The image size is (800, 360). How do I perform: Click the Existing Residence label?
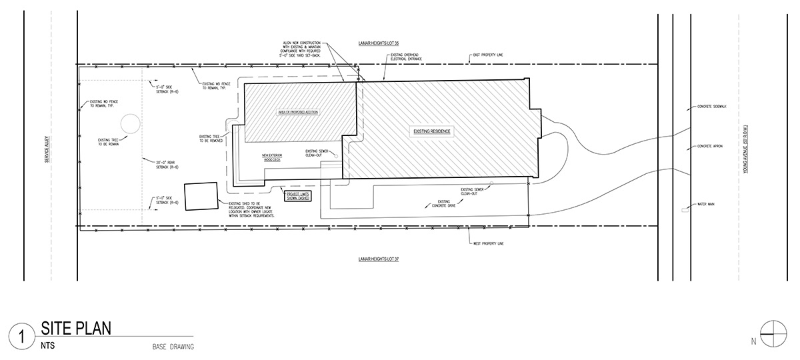(433, 132)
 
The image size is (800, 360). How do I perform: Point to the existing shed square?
(201, 197)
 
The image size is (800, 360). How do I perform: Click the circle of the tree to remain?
(129, 124)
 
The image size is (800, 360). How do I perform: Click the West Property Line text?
(489, 243)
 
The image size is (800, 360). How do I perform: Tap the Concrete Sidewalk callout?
(711, 107)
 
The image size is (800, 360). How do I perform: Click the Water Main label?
(706, 203)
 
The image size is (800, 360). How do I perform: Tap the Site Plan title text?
(75, 328)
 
